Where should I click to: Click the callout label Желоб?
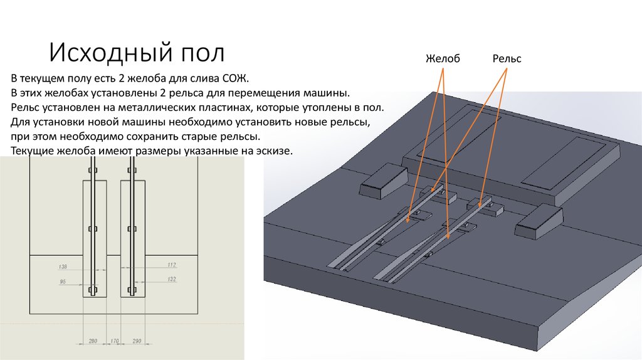point(443,59)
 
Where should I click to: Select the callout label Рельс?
point(507,59)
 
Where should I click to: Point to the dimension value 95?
point(63,282)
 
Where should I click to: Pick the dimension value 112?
point(172,264)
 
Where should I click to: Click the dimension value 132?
point(172,278)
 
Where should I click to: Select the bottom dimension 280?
point(93,341)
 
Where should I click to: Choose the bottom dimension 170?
point(115,341)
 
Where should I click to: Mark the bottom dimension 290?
point(137,341)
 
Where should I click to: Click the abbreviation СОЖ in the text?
point(235,78)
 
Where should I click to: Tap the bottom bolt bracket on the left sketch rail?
point(93,290)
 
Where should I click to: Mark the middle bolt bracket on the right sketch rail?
point(132,227)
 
